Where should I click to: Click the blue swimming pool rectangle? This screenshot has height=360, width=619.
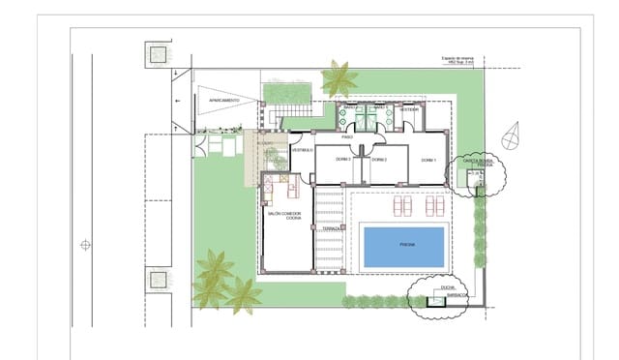coord(403,247)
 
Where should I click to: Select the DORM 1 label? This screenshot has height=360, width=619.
coord(428,159)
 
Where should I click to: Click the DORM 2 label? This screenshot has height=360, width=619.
coord(379,159)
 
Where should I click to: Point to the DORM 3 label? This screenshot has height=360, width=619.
coord(342,159)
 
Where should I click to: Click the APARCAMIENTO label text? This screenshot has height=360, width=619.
coord(224,101)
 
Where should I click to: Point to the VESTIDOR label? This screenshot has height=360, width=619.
coord(409,109)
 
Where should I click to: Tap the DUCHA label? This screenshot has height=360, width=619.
coord(448,287)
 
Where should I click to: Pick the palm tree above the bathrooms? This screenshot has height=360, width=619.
coord(339,77)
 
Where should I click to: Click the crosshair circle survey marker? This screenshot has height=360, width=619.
coord(85,245)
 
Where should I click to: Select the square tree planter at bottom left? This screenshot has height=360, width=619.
coord(157,281)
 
